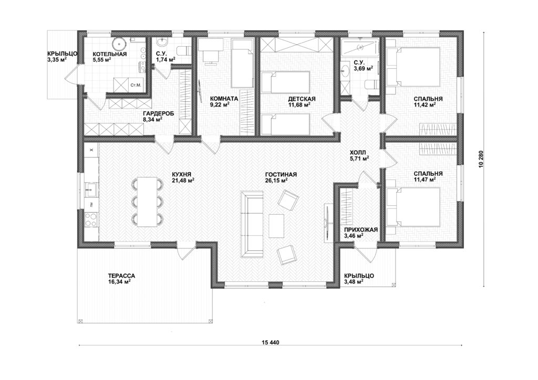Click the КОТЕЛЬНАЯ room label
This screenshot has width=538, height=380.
(x=109, y=54)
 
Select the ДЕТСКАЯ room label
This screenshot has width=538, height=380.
(x=302, y=99)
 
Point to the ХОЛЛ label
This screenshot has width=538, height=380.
(x=358, y=153)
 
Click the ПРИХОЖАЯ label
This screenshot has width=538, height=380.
(x=360, y=230)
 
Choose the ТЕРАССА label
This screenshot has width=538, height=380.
(x=121, y=276)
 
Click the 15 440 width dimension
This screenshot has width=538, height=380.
(x=271, y=342)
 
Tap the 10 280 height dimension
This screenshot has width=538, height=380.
(x=483, y=159)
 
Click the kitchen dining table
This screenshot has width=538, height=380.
(x=147, y=202)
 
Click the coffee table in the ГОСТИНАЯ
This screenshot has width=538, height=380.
(x=276, y=226)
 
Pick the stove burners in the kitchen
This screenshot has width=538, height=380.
(x=90, y=219)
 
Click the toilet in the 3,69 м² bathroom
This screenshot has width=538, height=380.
(x=371, y=85)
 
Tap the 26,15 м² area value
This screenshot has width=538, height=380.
(x=276, y=180)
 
